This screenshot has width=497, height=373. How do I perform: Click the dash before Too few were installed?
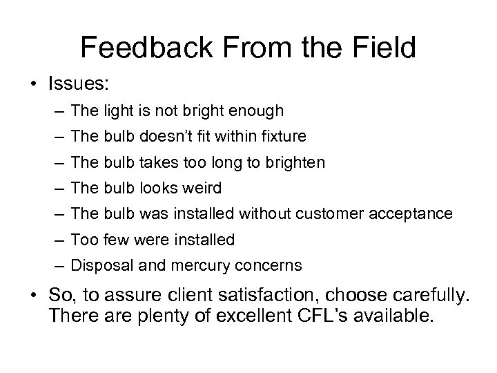click(60, 240)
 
